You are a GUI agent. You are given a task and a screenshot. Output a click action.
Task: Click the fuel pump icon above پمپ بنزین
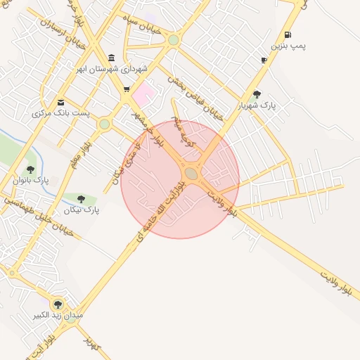288,34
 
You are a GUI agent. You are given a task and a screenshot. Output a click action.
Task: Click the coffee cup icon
264,60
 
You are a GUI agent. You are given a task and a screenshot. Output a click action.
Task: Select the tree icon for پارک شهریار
257,94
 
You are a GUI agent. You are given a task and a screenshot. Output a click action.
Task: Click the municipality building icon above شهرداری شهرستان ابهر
112,58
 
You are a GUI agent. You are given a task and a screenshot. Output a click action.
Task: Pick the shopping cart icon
126,89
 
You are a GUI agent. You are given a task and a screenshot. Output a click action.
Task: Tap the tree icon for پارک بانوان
30,169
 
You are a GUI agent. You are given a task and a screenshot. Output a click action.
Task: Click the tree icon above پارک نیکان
82,199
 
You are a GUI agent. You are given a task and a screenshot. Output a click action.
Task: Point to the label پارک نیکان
82,210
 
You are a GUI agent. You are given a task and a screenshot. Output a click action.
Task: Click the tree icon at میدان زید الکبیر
58,304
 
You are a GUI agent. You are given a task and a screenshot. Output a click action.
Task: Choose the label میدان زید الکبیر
58,316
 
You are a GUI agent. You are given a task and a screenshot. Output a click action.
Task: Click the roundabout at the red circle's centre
191,173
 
